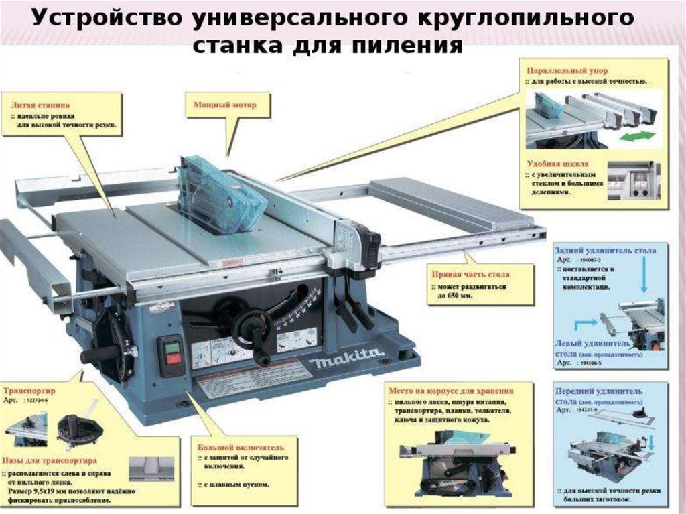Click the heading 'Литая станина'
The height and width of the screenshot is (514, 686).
pyautogui.click(x=41, y=105)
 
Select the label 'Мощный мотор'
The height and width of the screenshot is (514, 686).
pyautogui.click(x=225, y=105)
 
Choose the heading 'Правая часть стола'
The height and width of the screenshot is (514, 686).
pyautogui.click(x=470, y=275)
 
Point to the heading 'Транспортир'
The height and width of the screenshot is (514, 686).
pyautogui.click(x=29, y=389)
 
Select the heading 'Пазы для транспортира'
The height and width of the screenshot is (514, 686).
pyautogui.click(x=51, y=461)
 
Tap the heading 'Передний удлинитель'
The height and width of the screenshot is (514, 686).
pyautogui.click(x=599, y=390)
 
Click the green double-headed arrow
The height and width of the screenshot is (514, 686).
pyautogui.click(x=635, y=137)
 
